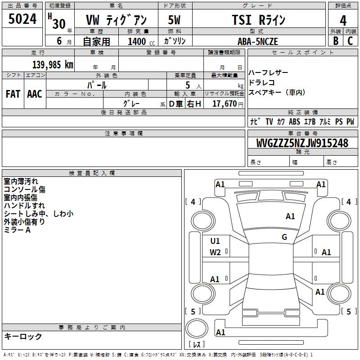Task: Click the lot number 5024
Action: click(x=22, y=19)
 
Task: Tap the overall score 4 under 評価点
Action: click(x=343, y=21)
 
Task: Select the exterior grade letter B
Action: click(x=336, y=41)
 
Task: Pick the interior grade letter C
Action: click(x=350, y=41)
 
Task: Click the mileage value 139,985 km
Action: click(x=53, y=65)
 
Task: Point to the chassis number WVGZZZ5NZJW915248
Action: click(x=302, y=143)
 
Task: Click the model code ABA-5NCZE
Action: click(x=257, y=41)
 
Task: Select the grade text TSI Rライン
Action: click(x=258, y=20)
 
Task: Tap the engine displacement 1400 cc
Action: click(x=141, y=41)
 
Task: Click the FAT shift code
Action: click(x=13, y=94)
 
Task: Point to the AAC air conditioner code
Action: click(x=35, y=94)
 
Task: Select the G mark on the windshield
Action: click(x=284, y=237)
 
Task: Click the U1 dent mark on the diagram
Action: click(x=215, y=241)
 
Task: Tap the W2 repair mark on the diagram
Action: click(x=215, y=252)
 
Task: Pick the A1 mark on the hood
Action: click(x=290, y=216)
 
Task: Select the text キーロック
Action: click(x=23, y=336)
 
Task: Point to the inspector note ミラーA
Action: click(x=17, y=230)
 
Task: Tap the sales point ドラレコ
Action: click(x=262, y=82)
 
